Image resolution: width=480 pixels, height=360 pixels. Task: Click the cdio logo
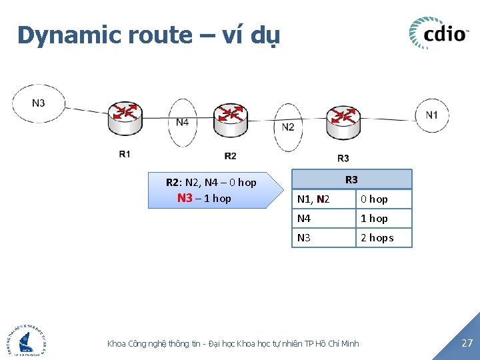(x=438, y=33)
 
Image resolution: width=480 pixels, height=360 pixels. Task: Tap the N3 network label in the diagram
(x=39, y=103)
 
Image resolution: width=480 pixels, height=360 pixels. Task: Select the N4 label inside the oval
(x=183, y=122)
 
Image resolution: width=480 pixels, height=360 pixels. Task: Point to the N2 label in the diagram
(x=288, y=127)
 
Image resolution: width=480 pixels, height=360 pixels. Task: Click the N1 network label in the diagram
(x=432, y=115)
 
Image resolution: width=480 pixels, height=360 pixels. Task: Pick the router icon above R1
(x=124, y=118)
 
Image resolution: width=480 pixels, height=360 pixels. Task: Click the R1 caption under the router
(x=125, y=154)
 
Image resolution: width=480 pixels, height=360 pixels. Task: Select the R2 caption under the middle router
(x=230, y=156)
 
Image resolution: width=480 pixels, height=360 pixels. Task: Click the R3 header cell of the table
(x=351, y=179)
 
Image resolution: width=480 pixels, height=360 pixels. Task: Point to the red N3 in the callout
(x=185, y=198)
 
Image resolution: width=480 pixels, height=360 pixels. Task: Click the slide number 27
(x=467, y=343)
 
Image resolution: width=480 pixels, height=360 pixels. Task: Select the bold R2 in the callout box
(x=172, y=182)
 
